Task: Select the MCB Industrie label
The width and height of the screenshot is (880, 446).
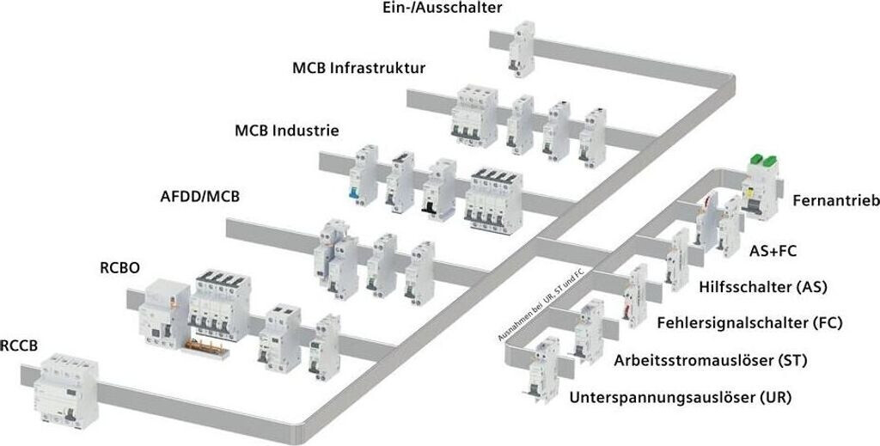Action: pyautogui.click(x=286, y=131)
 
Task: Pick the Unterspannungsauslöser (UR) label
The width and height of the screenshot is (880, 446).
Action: pyautogui.click(x=681, y=398)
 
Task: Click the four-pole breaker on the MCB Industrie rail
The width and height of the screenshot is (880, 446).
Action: pyautogui.click(x=494, y=199)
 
